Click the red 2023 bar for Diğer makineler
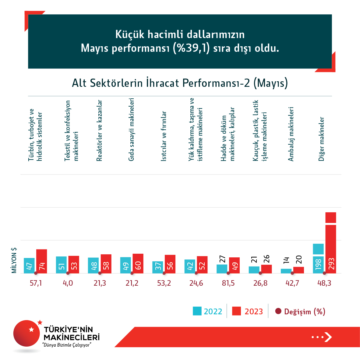[x=330, y=244]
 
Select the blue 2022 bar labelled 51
[x=61, y=265]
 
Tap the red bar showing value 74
[x=42, y=261]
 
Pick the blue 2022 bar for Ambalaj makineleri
[x=286, y=271]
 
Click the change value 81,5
[x=228, y=283]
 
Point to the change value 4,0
[x=68, y=283]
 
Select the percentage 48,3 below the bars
[x=324, y=283]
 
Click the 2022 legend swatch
[x=197, y=311]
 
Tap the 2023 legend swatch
[x=236, y=311]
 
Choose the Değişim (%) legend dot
[x=278, y=311]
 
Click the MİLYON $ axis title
[x=14, y=260]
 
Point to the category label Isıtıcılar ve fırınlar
[x=164, y=136]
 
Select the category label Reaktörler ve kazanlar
[x=99, y=130]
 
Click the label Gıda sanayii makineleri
[x=131, y=129]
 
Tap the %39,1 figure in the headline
[x=191, y=48]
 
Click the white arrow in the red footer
[x=328, y=337]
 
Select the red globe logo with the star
[x=27, y=333]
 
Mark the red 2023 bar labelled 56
[x=170, y=264]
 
